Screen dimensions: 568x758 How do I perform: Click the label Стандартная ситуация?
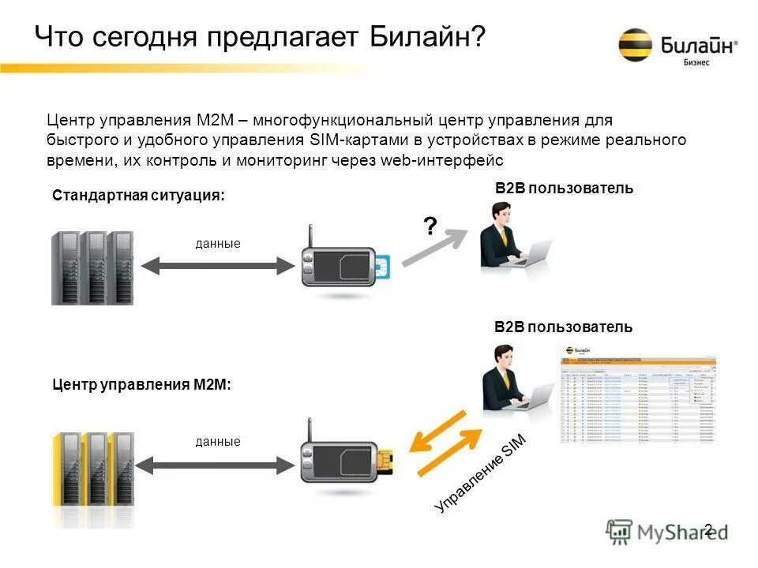(x=138, y=196)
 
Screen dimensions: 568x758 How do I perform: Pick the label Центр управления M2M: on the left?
(x=141, y=385)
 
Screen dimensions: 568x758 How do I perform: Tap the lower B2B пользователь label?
(x=563, y=327)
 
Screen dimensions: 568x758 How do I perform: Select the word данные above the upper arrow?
(x=217, y=245)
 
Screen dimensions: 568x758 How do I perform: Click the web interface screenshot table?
(x=638, y=394)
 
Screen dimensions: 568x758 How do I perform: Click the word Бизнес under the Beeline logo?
(x=696, y=63)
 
